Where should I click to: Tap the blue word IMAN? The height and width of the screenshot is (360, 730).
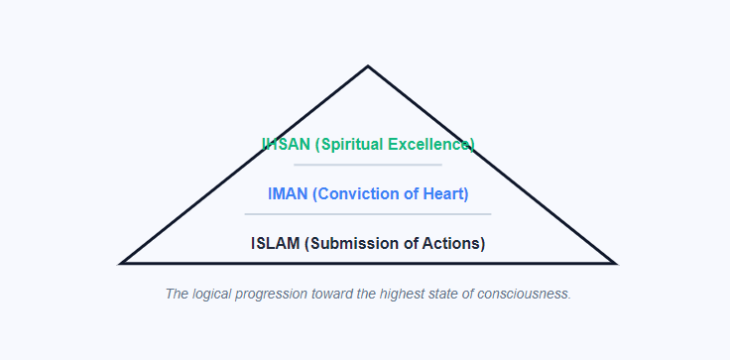[288, 193]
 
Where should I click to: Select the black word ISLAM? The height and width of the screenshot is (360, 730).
[276, 243]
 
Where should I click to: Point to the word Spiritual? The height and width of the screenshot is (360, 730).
[350, 144]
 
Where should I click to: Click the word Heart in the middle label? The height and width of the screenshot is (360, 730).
[442, 193]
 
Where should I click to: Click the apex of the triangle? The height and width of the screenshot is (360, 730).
[368, 67]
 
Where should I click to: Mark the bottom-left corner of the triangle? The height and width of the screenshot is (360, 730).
[122, 263]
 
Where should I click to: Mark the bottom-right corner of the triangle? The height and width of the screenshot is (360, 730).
[614, 263]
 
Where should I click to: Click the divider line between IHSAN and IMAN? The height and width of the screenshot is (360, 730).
[368, 165]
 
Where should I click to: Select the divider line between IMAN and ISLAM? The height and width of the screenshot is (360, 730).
[368, 213]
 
